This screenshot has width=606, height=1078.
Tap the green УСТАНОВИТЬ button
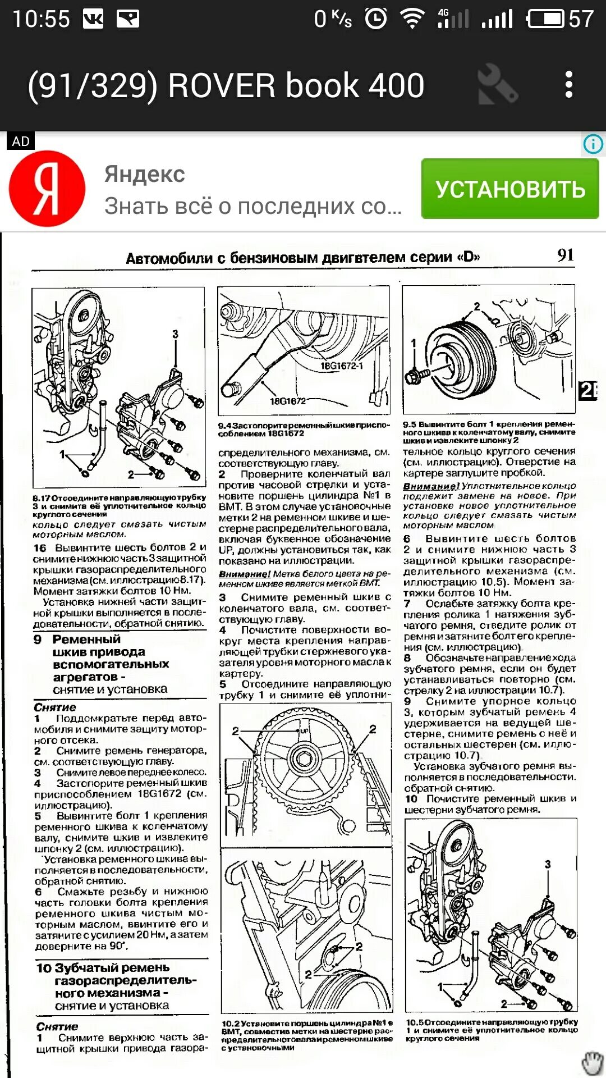pyautogui.click(x=509, y=189)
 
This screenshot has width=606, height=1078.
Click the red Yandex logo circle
pyautogui.click(x=47, y=189)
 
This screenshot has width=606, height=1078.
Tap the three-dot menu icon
pyautogui.click(x=569, y=85)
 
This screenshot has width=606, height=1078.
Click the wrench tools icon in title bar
pyautogui.click(x=497, y=85)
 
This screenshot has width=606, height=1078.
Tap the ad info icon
pyautogui.click(x=593, y=144)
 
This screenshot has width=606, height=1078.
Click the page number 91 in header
pyautogui.click(x=565, y=255)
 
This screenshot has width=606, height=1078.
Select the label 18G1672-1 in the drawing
pyautogui.click(x=341, y=366)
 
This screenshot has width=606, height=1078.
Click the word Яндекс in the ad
pyautogui.click(x=144, y=174)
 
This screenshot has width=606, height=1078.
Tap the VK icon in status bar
pyautogui.click(x=93, y=20)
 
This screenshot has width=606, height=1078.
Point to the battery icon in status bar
pyautogui.click(x=545, y=19)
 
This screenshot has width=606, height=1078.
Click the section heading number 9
pyautogui.click(x=38, y=640)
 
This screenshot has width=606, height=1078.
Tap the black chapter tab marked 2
pyautogui.click(x=587, y=390)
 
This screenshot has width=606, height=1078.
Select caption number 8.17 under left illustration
pyautogui.click(x=42, y=497)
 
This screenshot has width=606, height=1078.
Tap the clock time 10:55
pyautogui.click(x=41, y=20)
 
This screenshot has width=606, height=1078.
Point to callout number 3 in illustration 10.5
pyautogui.click(x=548, y=864)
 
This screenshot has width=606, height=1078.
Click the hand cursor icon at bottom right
pyautogui.click(x=591, y=1062)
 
